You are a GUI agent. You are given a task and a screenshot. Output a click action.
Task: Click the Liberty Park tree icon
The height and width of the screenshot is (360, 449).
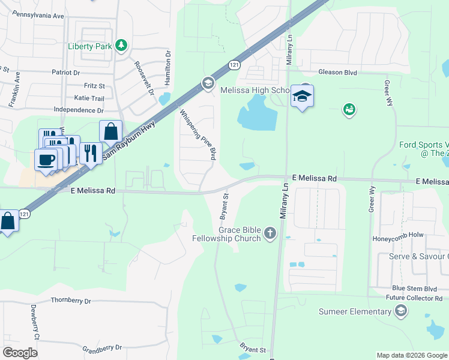[122, 46]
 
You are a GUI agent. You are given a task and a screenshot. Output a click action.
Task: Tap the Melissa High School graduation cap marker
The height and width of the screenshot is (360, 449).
[302, 96]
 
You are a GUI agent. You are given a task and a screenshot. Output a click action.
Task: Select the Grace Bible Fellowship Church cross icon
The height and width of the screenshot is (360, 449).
[270, 232]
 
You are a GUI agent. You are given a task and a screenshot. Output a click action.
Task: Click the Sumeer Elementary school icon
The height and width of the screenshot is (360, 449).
[401, 311]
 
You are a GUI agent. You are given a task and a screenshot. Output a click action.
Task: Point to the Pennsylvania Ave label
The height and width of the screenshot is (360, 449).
[38, 14]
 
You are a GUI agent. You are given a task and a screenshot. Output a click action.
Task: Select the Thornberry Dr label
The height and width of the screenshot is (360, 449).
[71, 300]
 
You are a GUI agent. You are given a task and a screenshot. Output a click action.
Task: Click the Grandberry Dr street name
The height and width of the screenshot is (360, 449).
[101, 347]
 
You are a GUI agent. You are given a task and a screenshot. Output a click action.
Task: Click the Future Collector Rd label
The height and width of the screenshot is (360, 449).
[414, 298]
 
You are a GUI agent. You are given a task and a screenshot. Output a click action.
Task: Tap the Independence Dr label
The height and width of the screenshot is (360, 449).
[79, 110]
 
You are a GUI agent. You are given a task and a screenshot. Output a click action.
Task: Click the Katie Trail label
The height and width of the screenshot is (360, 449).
[89, 98]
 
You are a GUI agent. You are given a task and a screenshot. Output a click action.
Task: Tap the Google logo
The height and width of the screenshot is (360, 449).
[20, 353]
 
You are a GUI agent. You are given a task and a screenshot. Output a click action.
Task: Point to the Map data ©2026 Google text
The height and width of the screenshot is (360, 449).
[411, 355]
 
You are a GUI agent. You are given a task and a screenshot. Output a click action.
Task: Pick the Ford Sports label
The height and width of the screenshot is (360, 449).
[424, 145]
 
